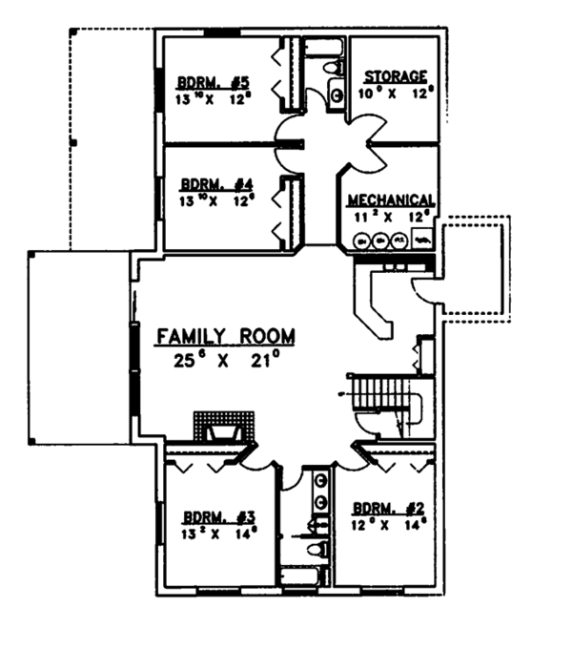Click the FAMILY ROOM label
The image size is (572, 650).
click(225, 336)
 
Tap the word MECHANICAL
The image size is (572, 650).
click(391, 200)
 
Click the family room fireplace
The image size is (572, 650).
click(223, 429)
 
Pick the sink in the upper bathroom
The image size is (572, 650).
click(336, 93)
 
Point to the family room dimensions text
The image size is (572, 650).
click(225, 360)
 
